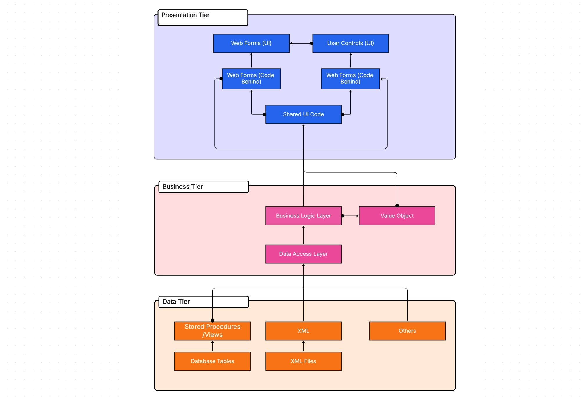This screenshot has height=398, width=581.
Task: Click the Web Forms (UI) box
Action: pos(251,43)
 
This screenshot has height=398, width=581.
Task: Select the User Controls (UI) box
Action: pos(350,43)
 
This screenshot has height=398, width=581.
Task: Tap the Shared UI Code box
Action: pos(303,114)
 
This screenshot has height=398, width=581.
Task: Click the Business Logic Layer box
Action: pos(303,216)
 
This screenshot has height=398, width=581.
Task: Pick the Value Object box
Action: pos(397,216)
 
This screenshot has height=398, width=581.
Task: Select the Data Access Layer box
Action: pos(303,254)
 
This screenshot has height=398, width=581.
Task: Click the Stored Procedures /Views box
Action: pos(212,331)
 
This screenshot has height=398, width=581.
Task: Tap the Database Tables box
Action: pos(212,361)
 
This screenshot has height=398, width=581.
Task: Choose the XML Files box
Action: pos(303,361)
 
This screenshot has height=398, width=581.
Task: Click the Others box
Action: pos(407,331)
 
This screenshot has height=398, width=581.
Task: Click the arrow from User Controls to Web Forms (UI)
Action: pos(301,43)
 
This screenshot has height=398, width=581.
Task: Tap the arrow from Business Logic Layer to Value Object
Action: pos(350,216)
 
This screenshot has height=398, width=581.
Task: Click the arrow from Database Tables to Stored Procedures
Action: pos(212,346)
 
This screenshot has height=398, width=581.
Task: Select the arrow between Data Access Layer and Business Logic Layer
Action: pos(303,235)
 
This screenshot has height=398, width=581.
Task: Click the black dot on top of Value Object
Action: pos(397,206)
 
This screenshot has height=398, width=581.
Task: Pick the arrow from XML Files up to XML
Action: pos(303,346)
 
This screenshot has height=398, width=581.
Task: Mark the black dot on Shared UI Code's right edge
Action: pos(342,114)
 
